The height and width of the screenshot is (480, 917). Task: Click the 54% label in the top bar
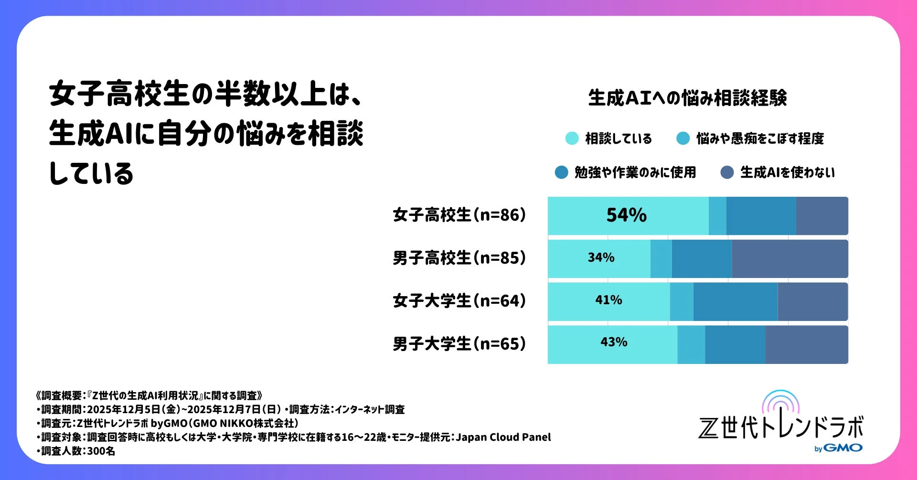[626, 215]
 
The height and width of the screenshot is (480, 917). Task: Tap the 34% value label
[601, 258]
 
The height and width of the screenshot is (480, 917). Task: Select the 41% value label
[608, 300]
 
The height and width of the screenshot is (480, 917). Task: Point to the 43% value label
[614, 342]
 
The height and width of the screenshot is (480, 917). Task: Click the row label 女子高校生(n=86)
[459, 215]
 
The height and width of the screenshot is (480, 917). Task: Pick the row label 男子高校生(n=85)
[459, 258]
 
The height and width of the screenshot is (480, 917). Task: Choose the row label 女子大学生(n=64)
[459, 301]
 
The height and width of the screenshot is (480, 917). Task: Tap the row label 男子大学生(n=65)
[459, 344]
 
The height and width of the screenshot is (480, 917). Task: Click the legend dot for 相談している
[572, 139]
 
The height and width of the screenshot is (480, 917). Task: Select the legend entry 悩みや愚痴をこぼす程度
[759, 139]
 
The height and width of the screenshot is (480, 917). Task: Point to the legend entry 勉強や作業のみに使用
[635, 172]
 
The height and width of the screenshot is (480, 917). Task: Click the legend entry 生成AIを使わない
[787, 172]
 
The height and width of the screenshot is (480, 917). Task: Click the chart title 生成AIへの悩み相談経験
[687, 98]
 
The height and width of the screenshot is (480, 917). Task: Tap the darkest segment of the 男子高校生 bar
[789, 258]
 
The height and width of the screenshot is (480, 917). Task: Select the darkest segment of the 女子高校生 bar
[821, 215]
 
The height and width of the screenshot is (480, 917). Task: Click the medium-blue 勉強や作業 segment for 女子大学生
[735, 301]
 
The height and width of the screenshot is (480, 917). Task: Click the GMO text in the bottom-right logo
[843, 448]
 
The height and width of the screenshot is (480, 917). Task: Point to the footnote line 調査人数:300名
[77, 451]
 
